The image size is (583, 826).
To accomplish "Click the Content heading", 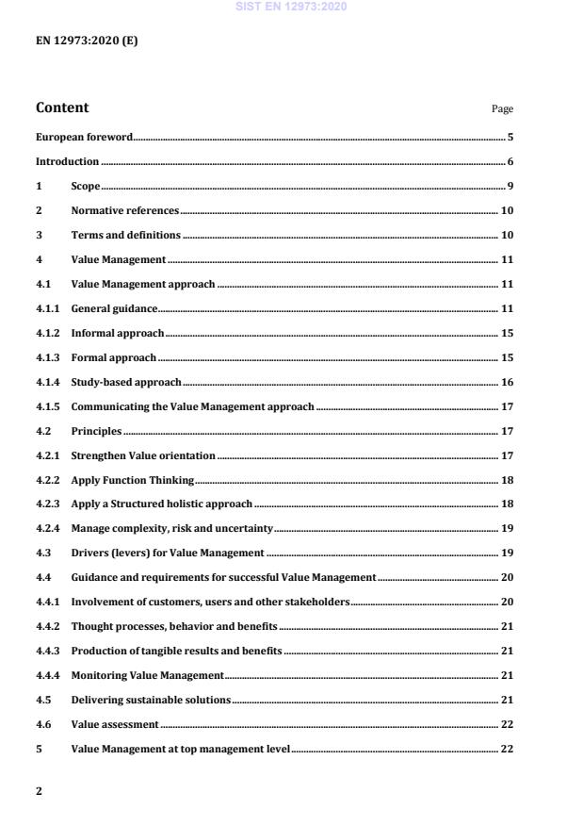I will [x=62, y=107].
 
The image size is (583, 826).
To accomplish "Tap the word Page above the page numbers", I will [x=502, y=109].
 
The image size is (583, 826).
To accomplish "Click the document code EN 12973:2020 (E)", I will [x=87, y=41].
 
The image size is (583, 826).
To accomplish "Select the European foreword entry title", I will [x=84, y=137].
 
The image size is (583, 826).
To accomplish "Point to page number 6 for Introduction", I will [x=510, y=162].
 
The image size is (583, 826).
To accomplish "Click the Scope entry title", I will [x=86, y=186].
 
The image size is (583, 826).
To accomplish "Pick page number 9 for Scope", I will [x=510, y=186].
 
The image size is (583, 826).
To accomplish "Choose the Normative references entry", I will [x=124, y=210].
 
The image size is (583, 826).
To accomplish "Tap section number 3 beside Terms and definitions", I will [x=39, y=235].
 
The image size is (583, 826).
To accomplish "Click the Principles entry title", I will [x=96, y=431].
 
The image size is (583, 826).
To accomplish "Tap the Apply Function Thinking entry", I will [x=133, y=480].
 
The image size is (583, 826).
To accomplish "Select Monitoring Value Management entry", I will [x=147, y=676].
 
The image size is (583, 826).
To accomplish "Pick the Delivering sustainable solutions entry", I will [x=151, y=701].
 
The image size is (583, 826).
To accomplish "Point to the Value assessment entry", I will [x=115, y=725].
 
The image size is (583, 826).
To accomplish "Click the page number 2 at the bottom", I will [x=39, y=790].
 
